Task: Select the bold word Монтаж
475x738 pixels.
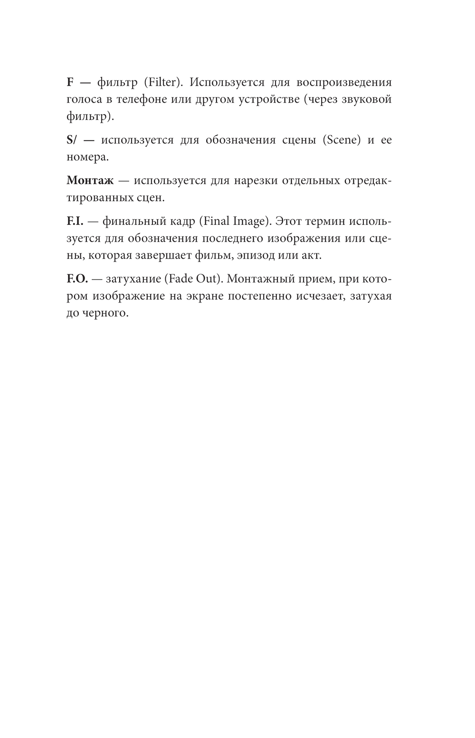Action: pyautogui.click(x=90, y=181)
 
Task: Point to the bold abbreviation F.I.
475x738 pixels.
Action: pyautogui.click(x=75, y=222)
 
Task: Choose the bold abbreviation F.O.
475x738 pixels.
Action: pyautogui.click(x=77, y=279)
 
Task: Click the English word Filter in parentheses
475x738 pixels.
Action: pyautogui.click(x=161, y=82)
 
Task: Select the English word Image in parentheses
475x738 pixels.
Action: pyautogui.click(x=247, y=222)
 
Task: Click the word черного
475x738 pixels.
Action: pyautogui.click(x=104, y=313)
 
